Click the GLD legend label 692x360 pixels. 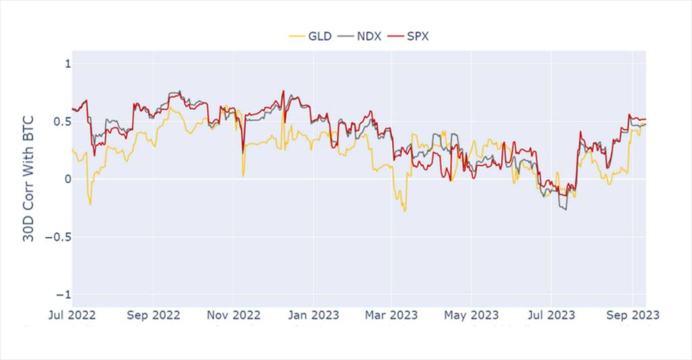(x=320, y=36)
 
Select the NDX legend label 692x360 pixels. (x=368, y=36)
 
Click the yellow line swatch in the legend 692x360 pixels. (x=297, y=36)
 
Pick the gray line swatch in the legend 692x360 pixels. (x=345, y=36)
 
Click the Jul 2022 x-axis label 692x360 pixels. (x=72, y=315)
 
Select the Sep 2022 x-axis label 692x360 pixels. (x=153, y=315)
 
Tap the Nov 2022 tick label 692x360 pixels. (x=233, y=315)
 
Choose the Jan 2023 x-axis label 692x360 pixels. (x=313, y=315)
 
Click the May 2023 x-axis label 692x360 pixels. (x=471, y=315)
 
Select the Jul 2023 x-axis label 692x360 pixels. (x=551, y=315)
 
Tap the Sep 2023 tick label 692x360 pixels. (x=632, y=315)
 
